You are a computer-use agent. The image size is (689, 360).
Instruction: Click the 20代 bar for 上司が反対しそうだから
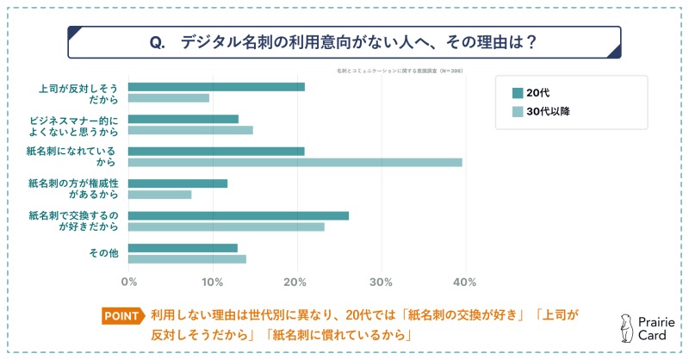point(216,86)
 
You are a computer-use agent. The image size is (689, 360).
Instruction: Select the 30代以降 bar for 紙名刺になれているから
point(295,162)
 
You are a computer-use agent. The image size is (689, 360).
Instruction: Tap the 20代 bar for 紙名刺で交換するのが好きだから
point(239,215)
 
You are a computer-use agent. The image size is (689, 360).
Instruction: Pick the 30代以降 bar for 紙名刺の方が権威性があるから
point(160,195)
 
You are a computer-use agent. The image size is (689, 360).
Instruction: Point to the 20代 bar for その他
point(183,248)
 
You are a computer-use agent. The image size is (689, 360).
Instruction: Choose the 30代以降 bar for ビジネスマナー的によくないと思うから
point(190,130)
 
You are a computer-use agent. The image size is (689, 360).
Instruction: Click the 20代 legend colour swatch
point(518,93)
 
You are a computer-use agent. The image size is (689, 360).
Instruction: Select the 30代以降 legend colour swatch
point(518,112)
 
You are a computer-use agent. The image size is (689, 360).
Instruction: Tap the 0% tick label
point(129,282)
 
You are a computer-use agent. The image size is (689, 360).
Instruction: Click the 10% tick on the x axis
point(213,282)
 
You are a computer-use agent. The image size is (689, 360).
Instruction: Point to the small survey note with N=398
point(396,71)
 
